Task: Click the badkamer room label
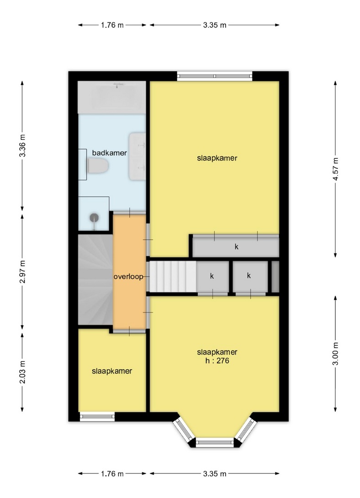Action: [109, 153]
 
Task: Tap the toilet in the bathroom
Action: [98, 166]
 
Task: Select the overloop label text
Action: [128, 276]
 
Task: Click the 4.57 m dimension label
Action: [335, 169]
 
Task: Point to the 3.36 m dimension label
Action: [22, 146]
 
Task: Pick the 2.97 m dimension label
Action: [22, 272]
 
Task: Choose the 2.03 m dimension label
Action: [22, 372]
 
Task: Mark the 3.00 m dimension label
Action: [335, 353]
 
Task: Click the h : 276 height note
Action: [217, 361]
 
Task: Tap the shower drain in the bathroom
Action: [94, 218]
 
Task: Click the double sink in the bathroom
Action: [137, 156]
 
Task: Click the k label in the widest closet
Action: [236, 246]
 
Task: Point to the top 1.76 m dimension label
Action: [112, 25]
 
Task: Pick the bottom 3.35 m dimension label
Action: [215, 474]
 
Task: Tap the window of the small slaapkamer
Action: [97, 416]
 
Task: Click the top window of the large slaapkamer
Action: [214, 76]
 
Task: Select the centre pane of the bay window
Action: [214, 442]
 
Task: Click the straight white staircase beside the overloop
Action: [173, 276]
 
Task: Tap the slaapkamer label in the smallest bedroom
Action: [112, 371]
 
